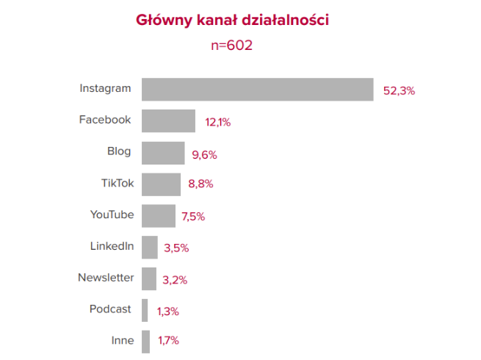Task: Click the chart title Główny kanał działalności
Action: pos(232,20)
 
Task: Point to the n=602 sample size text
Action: pos(232,45)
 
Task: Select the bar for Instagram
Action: pos(257,89)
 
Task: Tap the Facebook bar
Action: pos(168,120)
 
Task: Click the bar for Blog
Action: pos(163,153)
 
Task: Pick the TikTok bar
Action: pos(161,184)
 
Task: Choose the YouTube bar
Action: pos(159,215)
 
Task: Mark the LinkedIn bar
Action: pos(150,247)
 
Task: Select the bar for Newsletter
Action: pos(149,278)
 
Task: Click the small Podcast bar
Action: pos(145,310)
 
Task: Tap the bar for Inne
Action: pos(145,341)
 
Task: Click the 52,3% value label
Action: pos(399,91)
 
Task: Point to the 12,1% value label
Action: pos(218,123)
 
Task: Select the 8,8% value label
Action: pos(200,184)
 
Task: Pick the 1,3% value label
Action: pos(167,312)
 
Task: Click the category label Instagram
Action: pos(105,88)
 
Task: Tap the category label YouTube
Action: pos(112,215)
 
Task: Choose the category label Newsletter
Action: pos(106,278)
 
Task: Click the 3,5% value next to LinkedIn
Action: pos(176,248)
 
